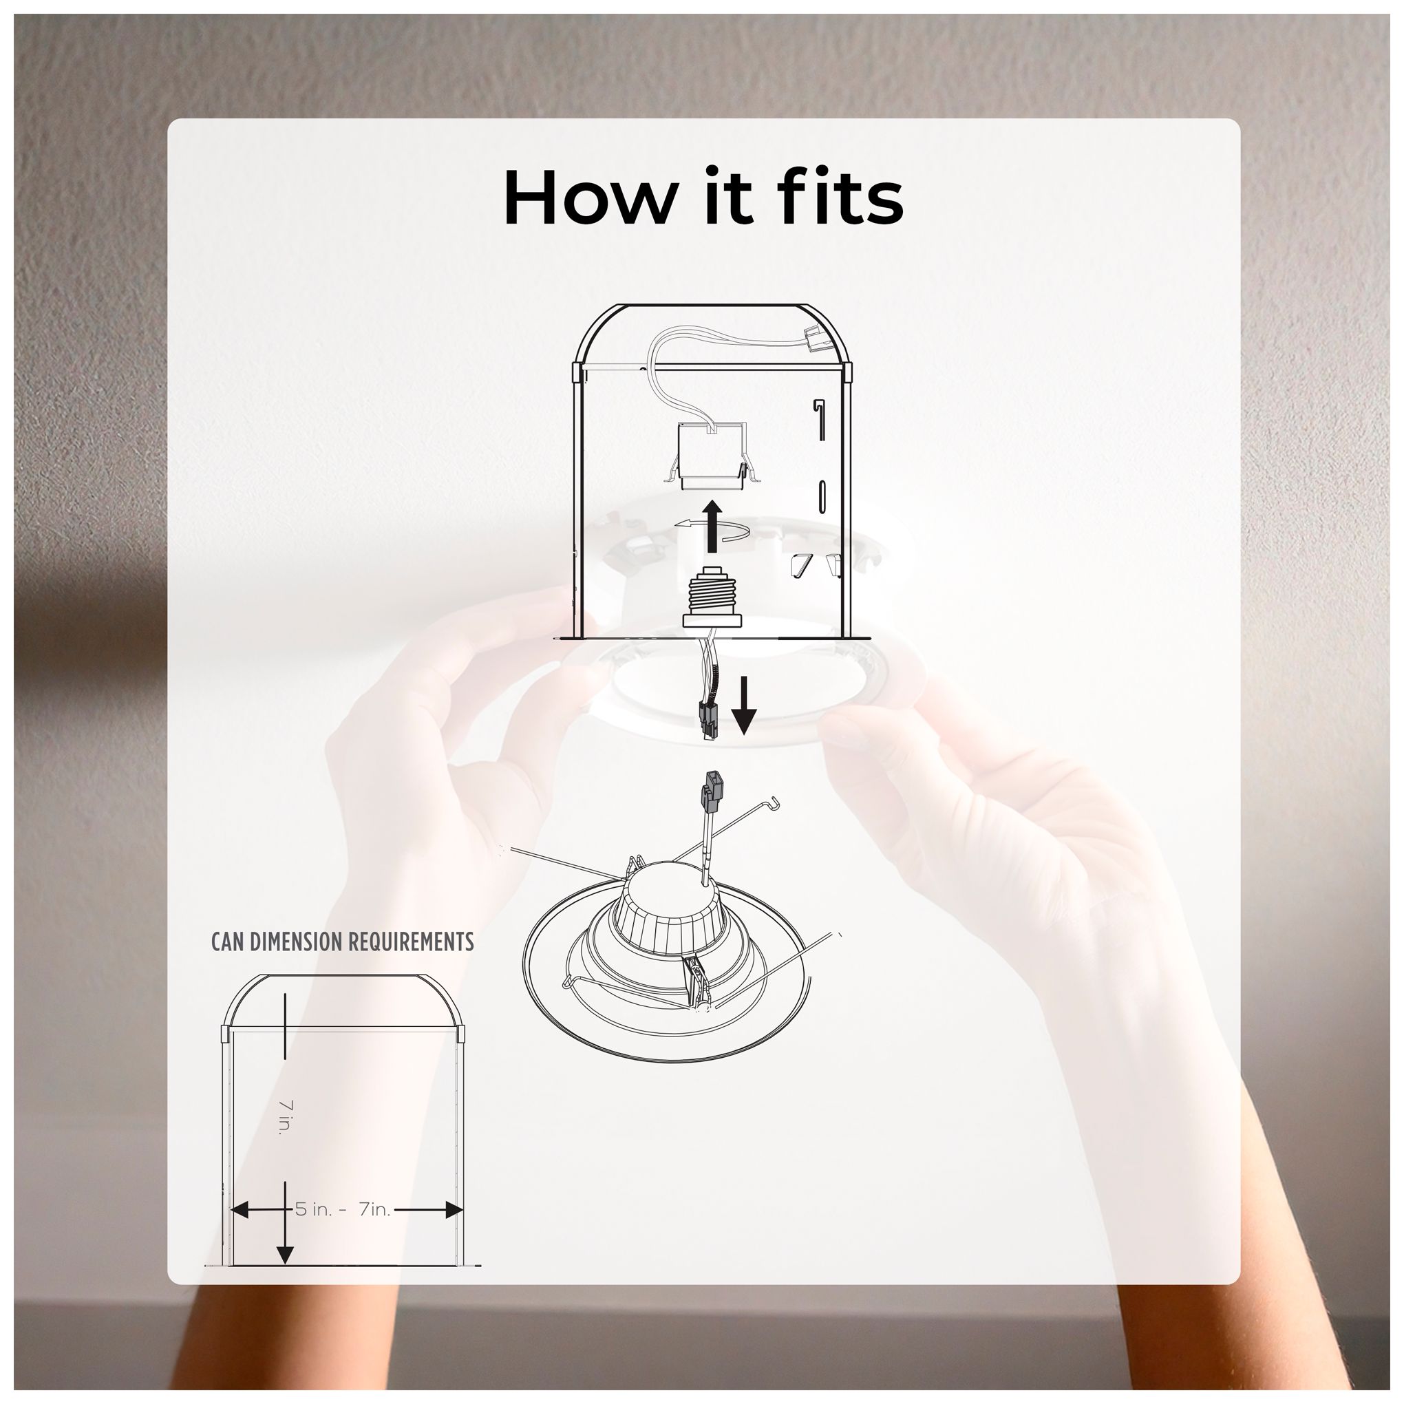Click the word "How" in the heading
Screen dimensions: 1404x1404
[x=589, y=197]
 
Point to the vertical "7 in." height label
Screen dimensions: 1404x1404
[x=285, y=1116]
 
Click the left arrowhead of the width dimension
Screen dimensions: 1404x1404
[x=240, y=1210]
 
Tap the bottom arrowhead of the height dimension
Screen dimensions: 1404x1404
[x=286, y=1253]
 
